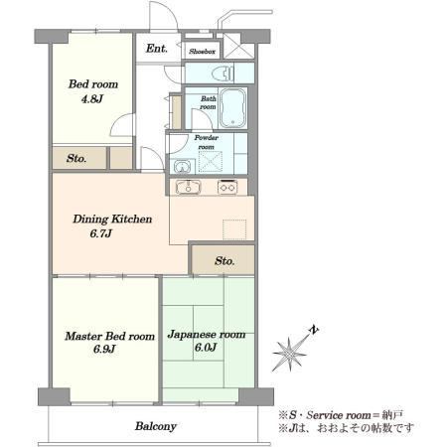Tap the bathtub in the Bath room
233,107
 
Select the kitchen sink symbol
188,187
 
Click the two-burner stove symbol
227,187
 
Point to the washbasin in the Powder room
181,167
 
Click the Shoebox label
202,52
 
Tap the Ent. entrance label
157,49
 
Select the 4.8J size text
92,98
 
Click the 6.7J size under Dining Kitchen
100,233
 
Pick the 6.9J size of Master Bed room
104,349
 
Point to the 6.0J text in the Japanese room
206,348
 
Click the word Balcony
156,426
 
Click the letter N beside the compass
313,330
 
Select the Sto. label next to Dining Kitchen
224,261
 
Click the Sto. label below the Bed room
76,158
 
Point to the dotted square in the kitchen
234,229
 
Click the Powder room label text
207,142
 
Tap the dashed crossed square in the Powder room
210,162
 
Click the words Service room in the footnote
339,415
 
